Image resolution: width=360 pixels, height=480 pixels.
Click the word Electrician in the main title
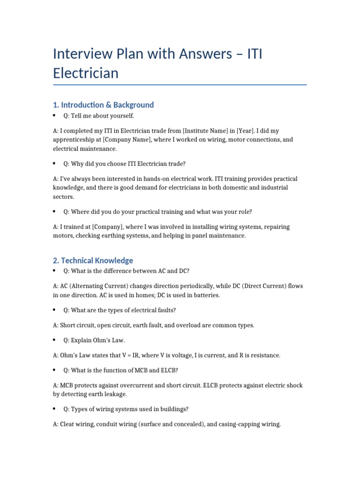(86, 73)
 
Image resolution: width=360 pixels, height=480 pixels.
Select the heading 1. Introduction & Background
(103, 105)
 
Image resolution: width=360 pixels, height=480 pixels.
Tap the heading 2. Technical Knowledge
(93, 260)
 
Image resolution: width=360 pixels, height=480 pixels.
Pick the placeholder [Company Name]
(127, 140)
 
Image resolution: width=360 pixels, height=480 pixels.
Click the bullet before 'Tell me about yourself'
(55, 115)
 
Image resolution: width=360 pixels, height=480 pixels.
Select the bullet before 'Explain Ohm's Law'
(55, 340)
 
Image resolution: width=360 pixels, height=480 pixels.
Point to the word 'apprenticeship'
(75, 140)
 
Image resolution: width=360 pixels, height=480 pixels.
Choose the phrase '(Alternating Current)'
(97, 286)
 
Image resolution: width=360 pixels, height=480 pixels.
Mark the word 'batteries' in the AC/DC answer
(205, 295)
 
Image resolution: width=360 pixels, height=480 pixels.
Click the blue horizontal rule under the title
(180, 85)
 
